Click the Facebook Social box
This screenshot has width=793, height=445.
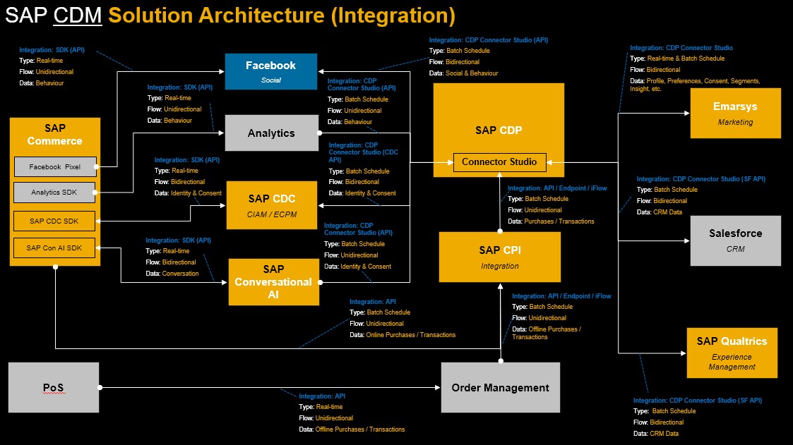271,71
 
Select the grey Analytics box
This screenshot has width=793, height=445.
271,133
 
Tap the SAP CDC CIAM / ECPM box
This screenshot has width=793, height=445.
272,205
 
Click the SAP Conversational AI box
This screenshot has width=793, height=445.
273,282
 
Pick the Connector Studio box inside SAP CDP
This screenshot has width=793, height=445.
499,162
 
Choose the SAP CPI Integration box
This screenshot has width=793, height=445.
500,257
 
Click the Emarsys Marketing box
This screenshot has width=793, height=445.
736,113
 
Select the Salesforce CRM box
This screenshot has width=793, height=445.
736,240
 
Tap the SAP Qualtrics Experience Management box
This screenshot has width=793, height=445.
732,353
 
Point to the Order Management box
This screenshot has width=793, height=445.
500,387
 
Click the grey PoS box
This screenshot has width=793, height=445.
54,387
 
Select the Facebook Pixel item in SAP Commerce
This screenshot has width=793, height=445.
55,167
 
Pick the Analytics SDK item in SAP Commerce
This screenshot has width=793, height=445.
55,193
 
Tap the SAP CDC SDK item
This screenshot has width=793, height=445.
55,221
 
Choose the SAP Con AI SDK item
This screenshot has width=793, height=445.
55,248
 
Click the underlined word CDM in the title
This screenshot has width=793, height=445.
78,16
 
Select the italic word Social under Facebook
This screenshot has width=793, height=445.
271,80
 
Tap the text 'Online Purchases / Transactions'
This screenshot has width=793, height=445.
411,335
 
